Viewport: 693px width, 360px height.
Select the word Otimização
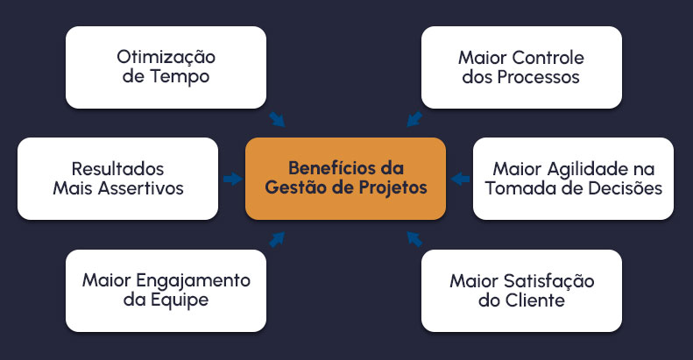point(166,58)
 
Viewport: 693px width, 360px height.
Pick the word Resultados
point(117,168)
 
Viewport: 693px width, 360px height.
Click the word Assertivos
point(139,187)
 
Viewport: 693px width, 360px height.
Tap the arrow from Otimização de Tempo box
point(277,119)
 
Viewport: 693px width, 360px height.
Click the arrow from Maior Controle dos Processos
point(414,119)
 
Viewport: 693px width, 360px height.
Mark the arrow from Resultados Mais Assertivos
point(232,179)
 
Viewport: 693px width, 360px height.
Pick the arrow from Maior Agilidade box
point(459,179)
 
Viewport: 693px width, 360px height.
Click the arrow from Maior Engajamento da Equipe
point(277,238)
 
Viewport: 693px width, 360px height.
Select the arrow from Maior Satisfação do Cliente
point(414,238)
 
